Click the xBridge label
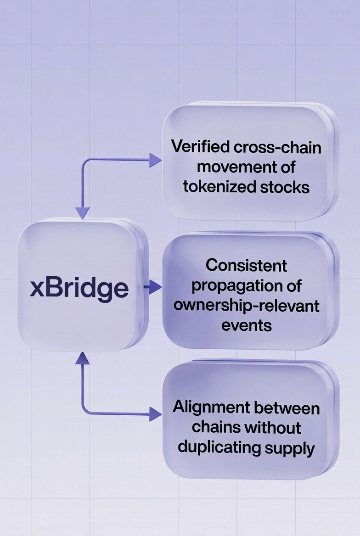coord(79,288)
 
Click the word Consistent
coord(246,265)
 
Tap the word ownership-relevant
coord(246,305)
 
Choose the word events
coord(246,325)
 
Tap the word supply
coord(292,447)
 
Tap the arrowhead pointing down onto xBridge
coord(82,212)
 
